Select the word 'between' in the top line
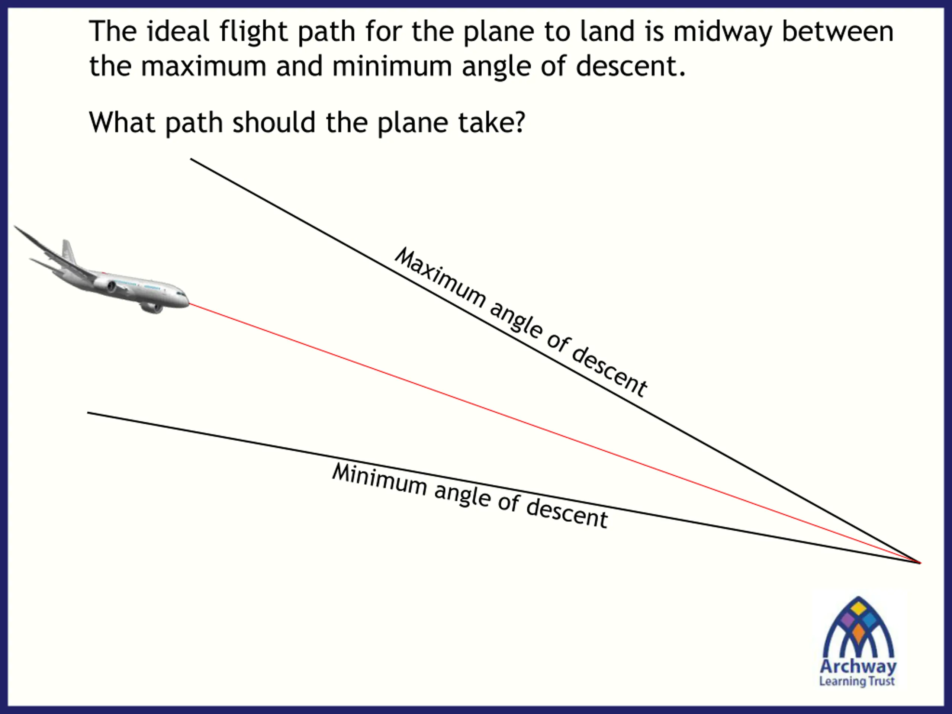click(x=837, y=31)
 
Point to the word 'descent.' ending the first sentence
click(x=630, y=66)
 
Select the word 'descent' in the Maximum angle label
click(x=609, y=370)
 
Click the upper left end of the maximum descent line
click(x=192, y=159)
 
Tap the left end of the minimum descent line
click(x=89, y=413)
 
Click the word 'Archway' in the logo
click(x=858, y=667)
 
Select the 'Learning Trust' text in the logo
click(x=856, y=681)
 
